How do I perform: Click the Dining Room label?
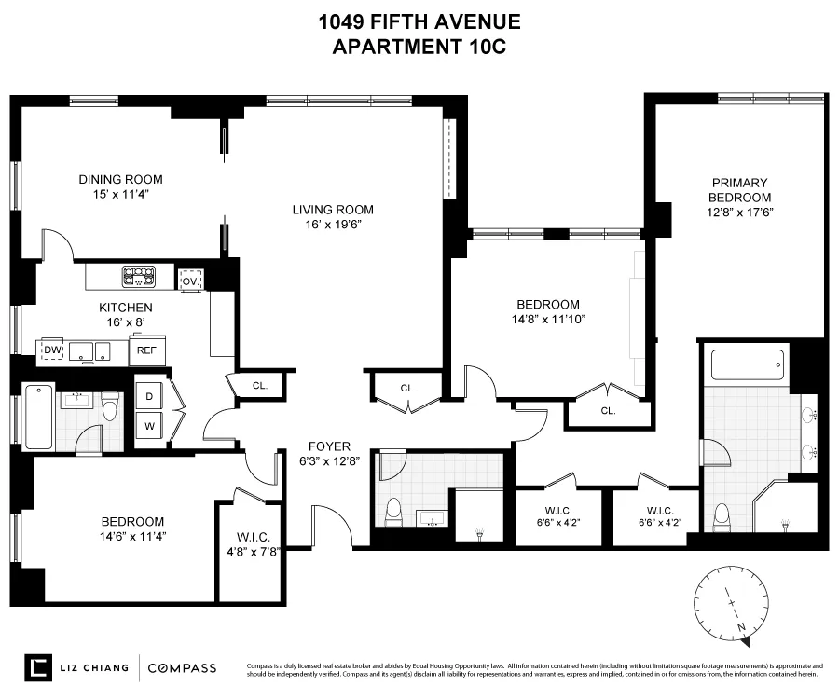click(x=120, y=179)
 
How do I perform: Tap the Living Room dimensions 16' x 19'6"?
click(x=333, y=224)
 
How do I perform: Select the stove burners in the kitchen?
click(x=139, y=276)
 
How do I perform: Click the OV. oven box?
click(x=191, y=281)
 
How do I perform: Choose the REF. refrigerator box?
click(x=146, y=350)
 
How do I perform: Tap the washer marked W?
click(x=149, y=429)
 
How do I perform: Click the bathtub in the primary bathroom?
click(x=748, y=364)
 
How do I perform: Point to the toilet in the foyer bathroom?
click(x=393, y=510)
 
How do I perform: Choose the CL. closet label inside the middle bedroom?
click(x=608, y=410)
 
